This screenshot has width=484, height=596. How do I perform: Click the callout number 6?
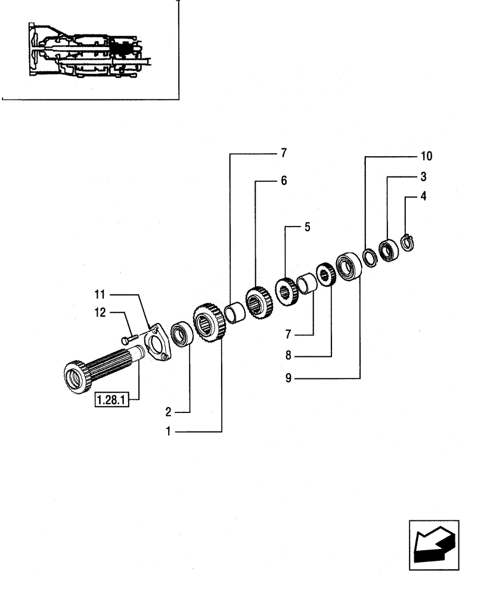[284, 181]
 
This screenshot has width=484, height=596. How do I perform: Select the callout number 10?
[426, 157]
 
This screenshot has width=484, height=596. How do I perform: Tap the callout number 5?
[307, 226]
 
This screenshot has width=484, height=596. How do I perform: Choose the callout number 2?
[170, 411]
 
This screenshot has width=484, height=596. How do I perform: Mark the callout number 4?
[423, 195]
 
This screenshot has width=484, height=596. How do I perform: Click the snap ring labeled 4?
[408, 243]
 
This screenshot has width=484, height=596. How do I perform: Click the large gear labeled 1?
[207, 324]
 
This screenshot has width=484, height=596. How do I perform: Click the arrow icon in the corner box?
[433, 545]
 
